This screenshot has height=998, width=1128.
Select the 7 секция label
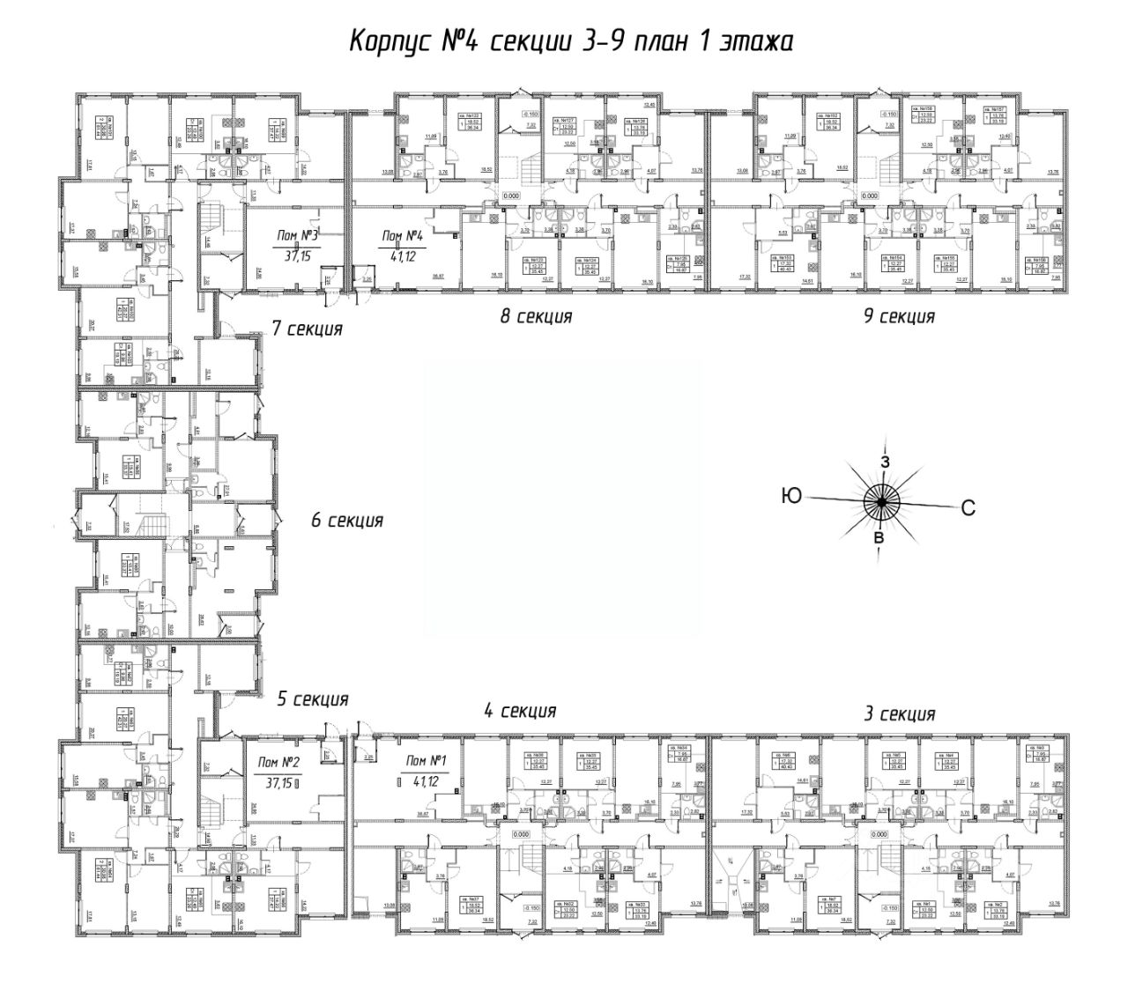tap(307, 329)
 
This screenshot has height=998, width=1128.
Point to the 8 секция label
tap(536, 316)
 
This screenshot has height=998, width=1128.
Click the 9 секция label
tap(899, 315)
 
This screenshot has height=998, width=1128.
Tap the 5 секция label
tap(313, 699)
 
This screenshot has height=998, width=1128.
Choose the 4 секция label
tap(520, 711)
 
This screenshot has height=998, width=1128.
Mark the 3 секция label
tap(899, 713)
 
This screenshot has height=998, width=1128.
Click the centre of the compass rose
tap(879, 500)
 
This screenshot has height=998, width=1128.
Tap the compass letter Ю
tap(790, 497)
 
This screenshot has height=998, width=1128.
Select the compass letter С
tap(968, 506)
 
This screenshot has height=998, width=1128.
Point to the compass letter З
tap(886, 461)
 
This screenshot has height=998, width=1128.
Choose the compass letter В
tap(877, 537)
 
